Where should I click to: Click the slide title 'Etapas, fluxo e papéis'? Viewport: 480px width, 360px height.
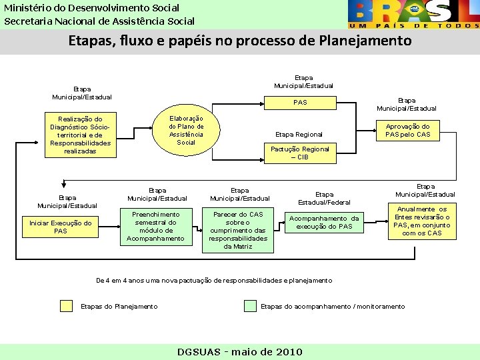(240, 41)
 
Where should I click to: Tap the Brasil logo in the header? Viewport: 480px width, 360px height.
(413, 14)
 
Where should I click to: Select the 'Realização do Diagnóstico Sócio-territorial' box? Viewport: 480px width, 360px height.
(80, 135)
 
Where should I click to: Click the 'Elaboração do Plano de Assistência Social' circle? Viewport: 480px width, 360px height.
(186, 129)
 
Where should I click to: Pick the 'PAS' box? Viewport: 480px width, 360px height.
(300, 103)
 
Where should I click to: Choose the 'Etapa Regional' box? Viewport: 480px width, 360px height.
(299, 134)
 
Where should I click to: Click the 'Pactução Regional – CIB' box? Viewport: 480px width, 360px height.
(299, 153)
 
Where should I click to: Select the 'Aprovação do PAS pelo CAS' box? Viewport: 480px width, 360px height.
(407, 130)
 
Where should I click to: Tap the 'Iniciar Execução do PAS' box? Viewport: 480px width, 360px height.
(60, 227)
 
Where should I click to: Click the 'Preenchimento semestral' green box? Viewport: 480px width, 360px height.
(155, 227)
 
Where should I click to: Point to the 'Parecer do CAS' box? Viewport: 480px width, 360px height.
(238, 230)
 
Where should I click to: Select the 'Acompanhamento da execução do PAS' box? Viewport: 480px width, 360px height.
(324, 223)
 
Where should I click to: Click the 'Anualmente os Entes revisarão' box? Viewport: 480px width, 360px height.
(422, 221)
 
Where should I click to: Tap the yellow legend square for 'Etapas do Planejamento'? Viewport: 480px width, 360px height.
(66, 306)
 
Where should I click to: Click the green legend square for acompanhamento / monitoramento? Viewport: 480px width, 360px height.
(250, 306)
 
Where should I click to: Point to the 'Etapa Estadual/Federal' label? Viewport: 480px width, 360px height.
(324, 198)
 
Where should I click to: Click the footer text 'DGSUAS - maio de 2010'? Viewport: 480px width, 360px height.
(240, 352)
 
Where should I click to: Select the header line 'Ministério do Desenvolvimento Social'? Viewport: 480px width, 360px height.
(92, 7)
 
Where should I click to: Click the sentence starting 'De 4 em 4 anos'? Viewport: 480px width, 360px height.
(214, 281)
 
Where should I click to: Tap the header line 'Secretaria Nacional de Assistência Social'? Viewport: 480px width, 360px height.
(99, 21)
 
